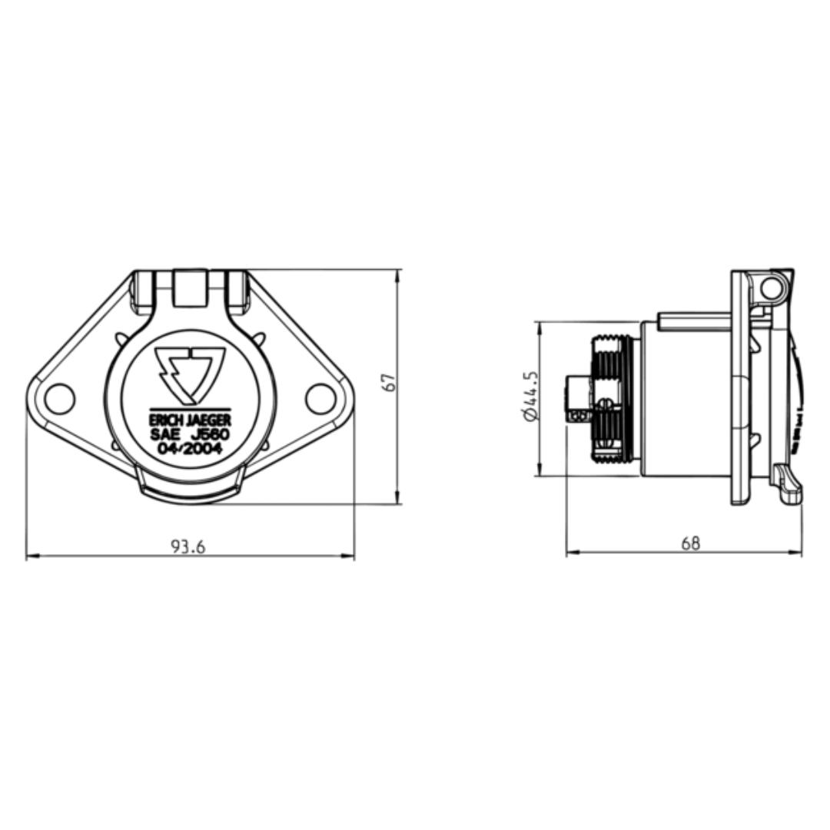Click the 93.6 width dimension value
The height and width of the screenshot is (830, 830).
[188, 546]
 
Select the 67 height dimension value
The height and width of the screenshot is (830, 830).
[390, 382]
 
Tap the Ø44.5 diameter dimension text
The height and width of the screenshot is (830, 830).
[530, 395]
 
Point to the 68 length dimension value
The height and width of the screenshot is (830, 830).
[690, 543]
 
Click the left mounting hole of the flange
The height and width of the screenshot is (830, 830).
[59, 398]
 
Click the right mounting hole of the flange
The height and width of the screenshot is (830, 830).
[320, 398]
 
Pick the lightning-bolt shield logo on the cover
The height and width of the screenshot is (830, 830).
[189, 374]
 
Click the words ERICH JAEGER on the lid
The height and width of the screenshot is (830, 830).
[189, 421]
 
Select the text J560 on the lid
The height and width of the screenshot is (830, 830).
[209, 434]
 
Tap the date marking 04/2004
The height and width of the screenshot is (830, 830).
[189, 448]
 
